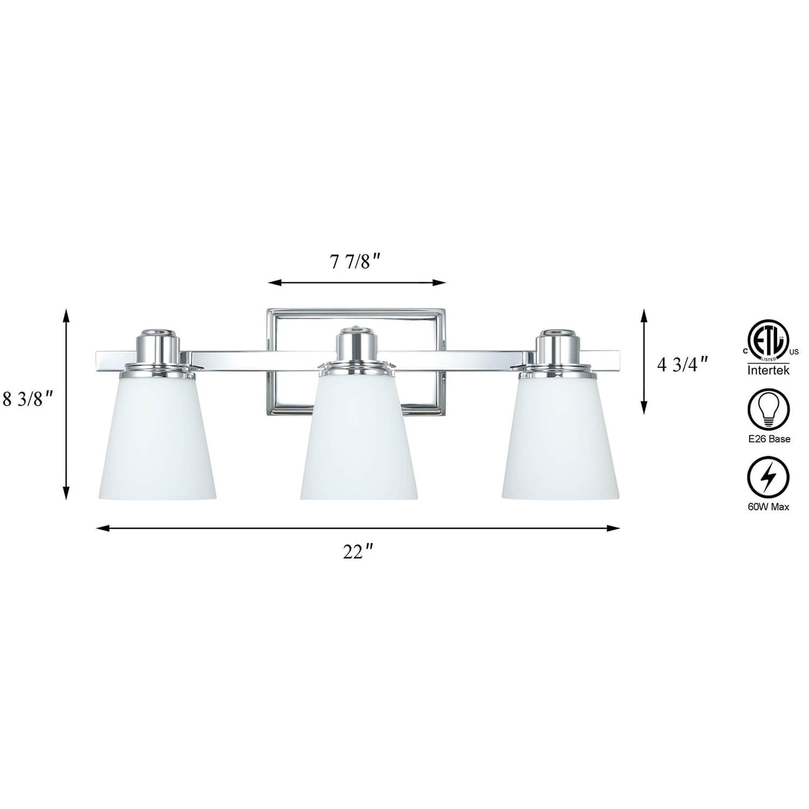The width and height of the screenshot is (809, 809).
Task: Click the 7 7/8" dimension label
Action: click(356, 263)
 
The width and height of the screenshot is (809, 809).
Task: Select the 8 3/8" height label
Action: click(28, 400)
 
